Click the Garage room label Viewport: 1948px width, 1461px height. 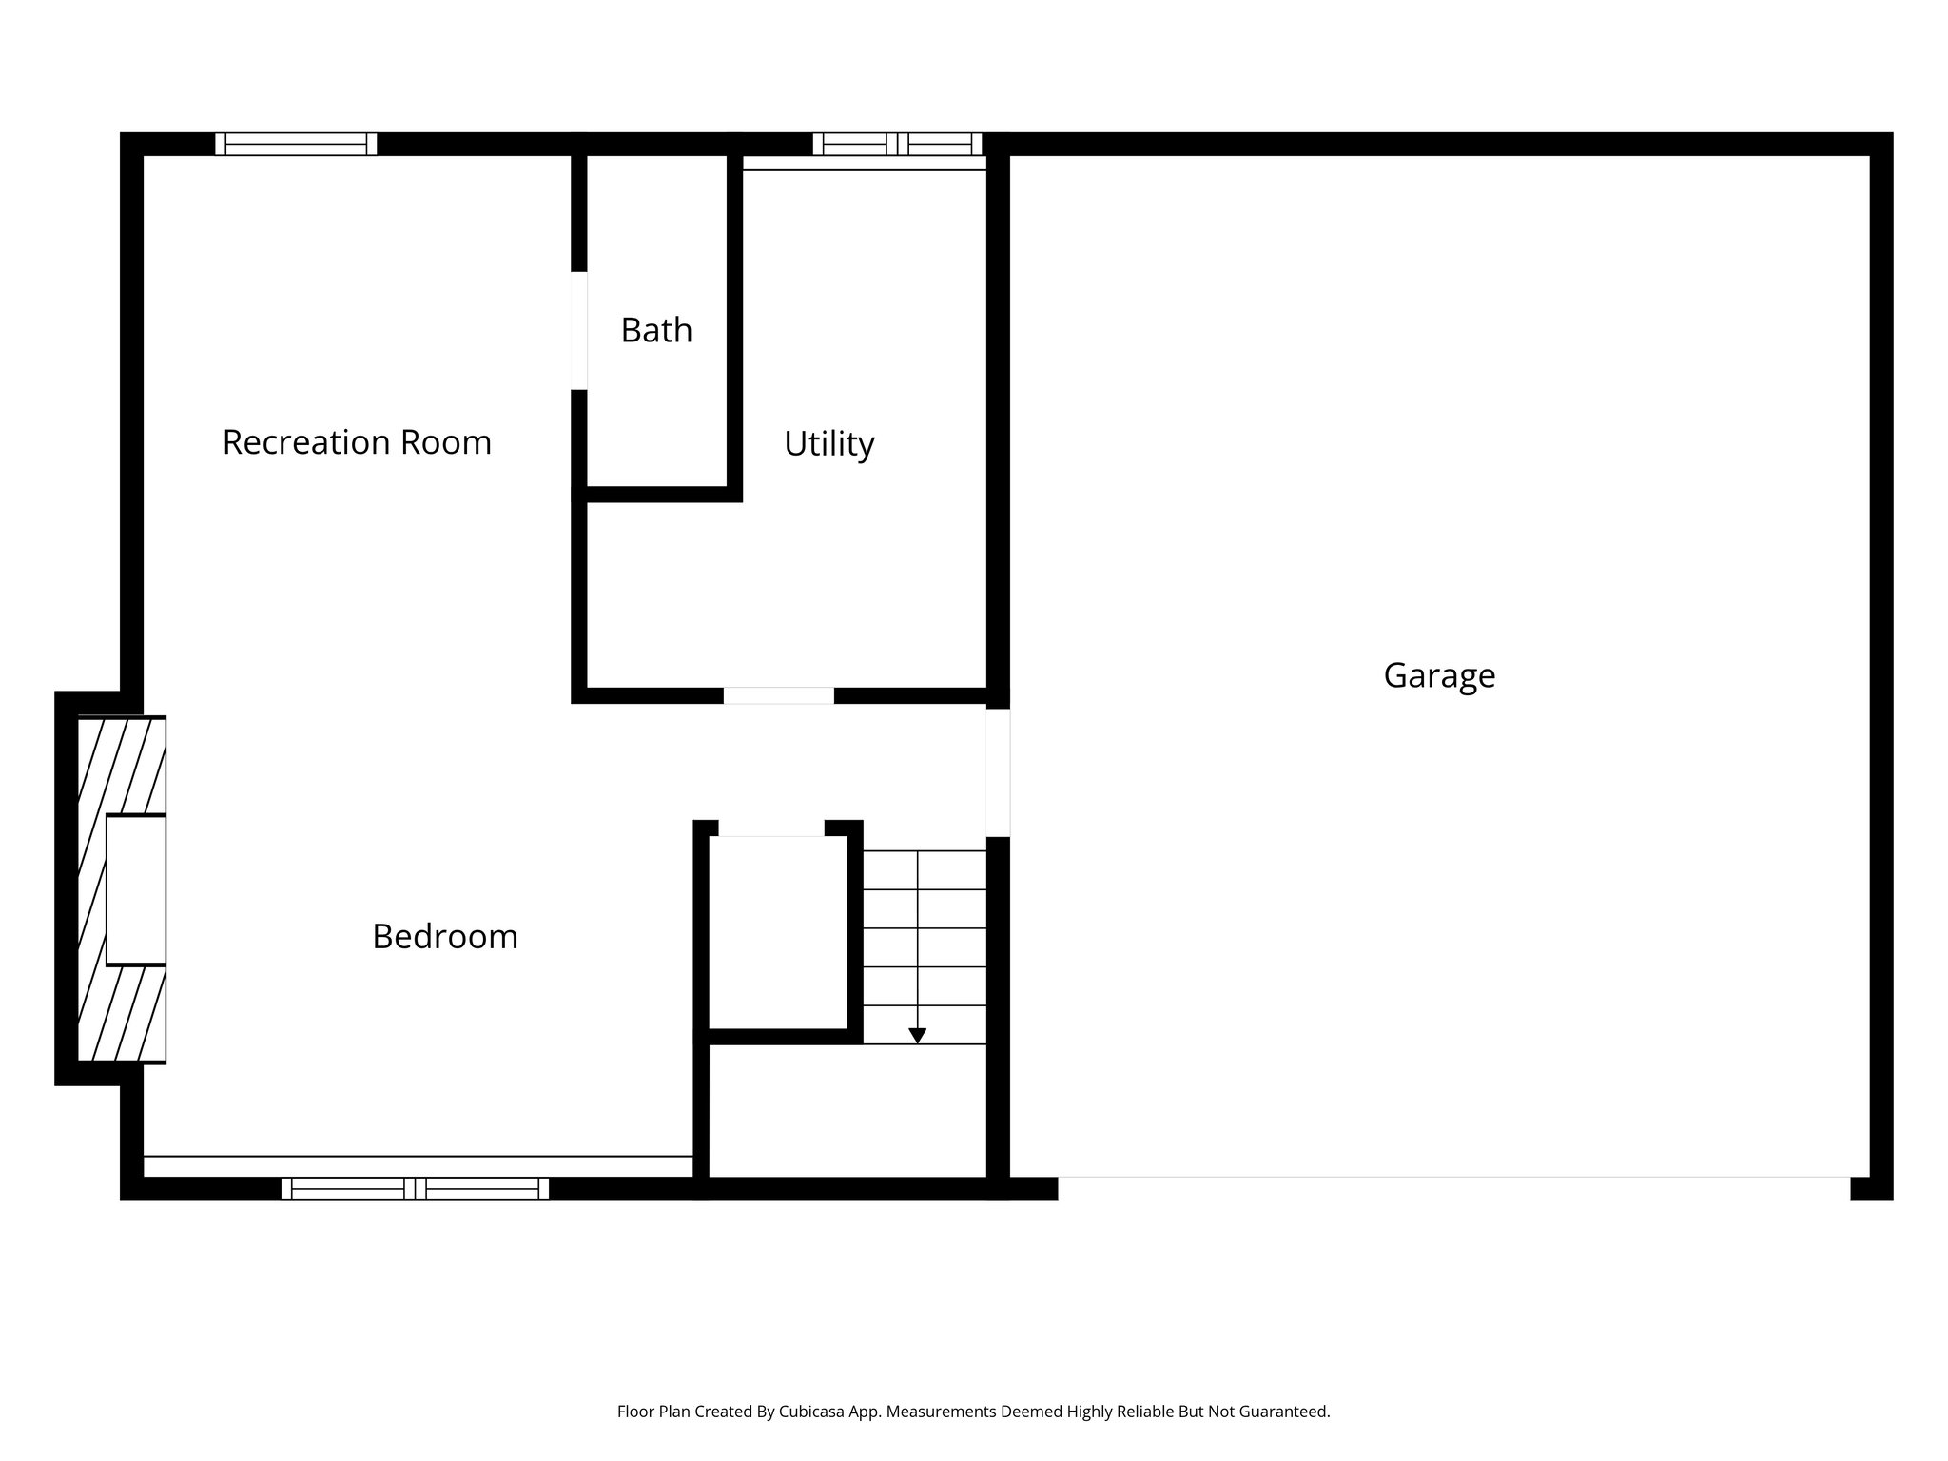(1438, 675)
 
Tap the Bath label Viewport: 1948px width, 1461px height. (656, 330)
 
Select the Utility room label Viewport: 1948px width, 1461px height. (828, 443)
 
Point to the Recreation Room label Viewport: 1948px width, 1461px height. (357, 442)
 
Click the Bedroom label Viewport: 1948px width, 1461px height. (444, 937)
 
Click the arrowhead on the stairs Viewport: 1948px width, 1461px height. (917, 1036)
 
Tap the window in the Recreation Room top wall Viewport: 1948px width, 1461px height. (296, 144)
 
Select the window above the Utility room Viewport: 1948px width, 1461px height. (897, 144)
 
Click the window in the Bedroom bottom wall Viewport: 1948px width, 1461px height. (415, 1188)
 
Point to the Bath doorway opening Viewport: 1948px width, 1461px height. (578, 330)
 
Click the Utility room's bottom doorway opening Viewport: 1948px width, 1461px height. (778, 695)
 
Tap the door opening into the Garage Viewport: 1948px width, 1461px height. (997, 772)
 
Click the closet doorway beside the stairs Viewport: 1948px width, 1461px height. (770, 828)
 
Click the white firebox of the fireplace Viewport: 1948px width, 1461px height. (135, 889)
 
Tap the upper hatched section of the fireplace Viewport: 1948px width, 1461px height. (122, 765)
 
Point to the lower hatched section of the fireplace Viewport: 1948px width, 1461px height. (122, 1014)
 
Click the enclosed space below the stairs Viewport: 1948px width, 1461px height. (847, 1110)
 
